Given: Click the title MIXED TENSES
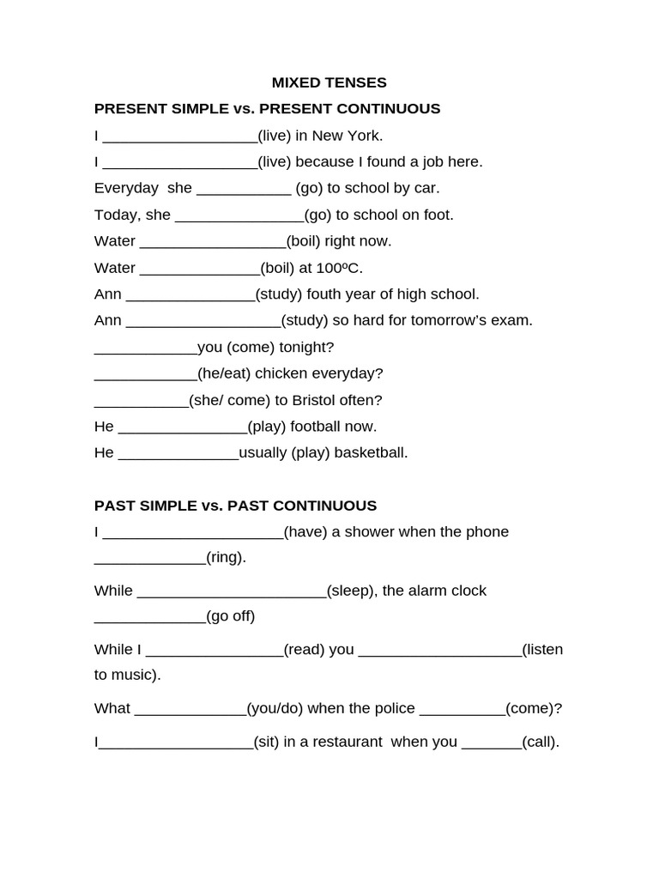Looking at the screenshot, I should [x=329, y=82].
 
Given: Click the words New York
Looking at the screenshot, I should [x=348, y=136].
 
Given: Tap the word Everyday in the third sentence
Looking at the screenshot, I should [x=126, y=188].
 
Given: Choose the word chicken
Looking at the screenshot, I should [x=282, y=373].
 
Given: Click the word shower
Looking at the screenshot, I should [x=365, y=532].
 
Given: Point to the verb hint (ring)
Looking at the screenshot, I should [x=226, y=557].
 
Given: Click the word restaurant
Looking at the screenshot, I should [x=343, y=743].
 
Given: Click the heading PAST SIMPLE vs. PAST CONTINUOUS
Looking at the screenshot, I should [x=235, y=506].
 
